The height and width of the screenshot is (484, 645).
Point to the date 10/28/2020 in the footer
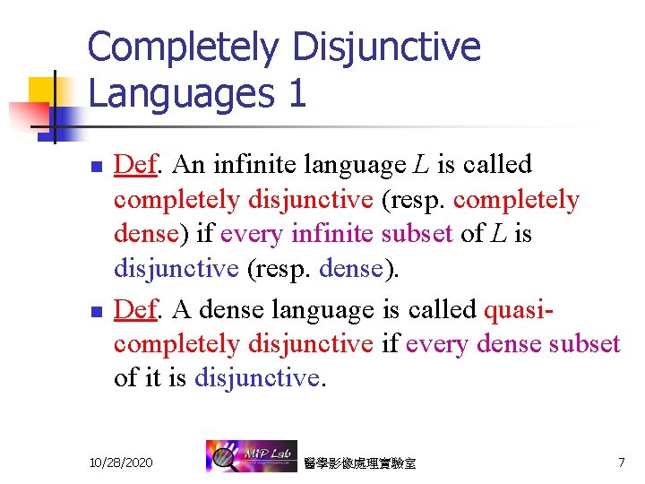(x=121, y=462)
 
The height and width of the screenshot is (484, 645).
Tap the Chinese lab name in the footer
(x=360, y=463)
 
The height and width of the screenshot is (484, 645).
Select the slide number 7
(x=621, y=462)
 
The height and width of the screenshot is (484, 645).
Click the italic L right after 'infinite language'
(x=421, y=165)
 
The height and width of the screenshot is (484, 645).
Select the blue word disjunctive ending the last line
(x=255, y=378)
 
